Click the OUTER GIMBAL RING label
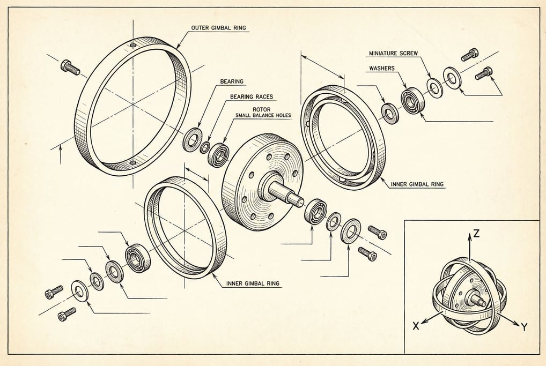pos(219,27)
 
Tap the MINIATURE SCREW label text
pos(393,54)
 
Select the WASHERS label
pos(382,69)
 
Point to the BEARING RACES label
pos(252,97)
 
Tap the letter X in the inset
pos(416,325)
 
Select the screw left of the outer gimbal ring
pos(70,67)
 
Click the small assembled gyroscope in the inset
pos(469,295)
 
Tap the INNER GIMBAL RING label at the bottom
pos(252,283)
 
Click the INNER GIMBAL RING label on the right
pos(417,184)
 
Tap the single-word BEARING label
pos(232,82)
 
